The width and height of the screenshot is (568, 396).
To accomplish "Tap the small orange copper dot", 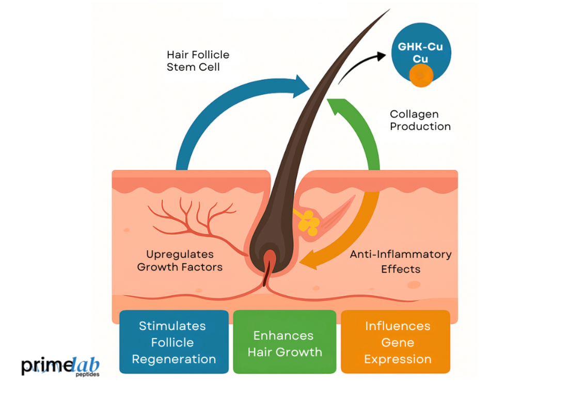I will [421, 76].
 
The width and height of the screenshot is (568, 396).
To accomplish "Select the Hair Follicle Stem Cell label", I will [198, 60].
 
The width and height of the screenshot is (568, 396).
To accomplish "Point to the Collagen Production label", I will [420, 120].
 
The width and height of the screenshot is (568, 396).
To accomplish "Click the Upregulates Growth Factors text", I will [180, 261].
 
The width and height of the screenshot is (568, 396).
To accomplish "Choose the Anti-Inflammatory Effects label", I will [401, 261].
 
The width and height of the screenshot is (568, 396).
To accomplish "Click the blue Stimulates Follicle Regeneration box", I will [173, 342].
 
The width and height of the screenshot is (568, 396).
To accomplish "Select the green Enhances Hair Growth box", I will [285, 343].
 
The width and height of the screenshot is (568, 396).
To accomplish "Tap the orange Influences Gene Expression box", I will [396, 342].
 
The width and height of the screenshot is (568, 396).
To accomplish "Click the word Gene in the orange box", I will [398, 343].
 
